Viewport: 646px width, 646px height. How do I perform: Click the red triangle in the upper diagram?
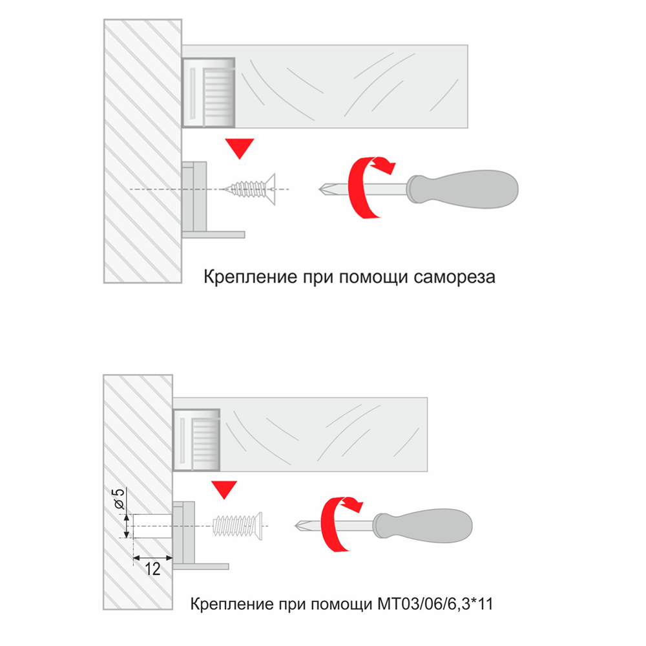click(240, 148)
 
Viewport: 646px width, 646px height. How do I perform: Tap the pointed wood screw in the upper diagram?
click(249, 189)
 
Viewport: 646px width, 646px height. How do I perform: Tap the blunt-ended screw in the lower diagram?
click(237, 526)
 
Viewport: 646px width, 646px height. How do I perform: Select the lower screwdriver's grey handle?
click(422, 526)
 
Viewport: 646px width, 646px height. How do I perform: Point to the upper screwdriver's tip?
click(319, 189)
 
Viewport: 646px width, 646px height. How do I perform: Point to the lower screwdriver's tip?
click(295, 526)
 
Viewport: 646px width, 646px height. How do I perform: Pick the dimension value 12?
click(152, 569)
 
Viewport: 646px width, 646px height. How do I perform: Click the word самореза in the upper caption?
click(454, 277)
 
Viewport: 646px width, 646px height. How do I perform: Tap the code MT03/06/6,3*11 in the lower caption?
click(435, 604)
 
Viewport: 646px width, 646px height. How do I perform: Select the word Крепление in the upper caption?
click(251, 277)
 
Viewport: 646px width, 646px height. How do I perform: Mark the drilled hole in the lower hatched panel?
click(152, 526)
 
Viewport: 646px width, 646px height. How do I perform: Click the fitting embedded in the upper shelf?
click(209, 92)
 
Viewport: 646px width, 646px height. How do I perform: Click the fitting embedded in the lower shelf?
click(196, 439)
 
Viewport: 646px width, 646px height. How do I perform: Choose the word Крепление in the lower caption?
click(233, 604)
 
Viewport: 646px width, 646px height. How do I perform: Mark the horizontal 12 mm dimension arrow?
click(152, 558)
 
